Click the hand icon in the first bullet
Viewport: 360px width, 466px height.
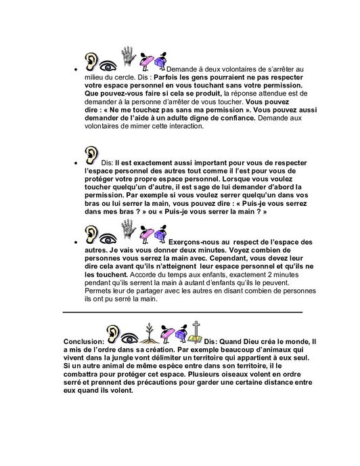(129, 58)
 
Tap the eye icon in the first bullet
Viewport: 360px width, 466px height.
(107, 66)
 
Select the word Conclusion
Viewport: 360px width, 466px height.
(83, 341)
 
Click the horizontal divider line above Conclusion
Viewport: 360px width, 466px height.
(182, 312)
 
